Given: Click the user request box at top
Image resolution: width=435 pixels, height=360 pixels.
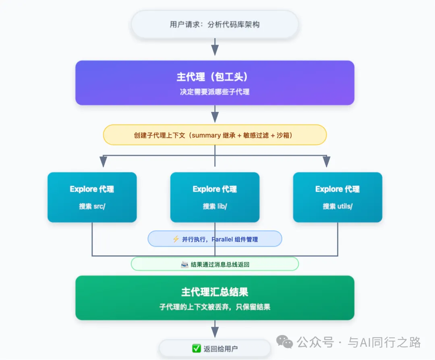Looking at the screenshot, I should pos(215,25).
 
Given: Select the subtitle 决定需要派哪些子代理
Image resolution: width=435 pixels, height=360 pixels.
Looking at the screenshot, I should pos(215,92).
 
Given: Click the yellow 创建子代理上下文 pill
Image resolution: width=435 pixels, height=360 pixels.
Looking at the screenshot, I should pos(215,135).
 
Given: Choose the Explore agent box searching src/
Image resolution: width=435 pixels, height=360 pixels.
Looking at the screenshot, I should pos(92,197).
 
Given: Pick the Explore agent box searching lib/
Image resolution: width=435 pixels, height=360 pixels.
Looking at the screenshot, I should pos(215,197).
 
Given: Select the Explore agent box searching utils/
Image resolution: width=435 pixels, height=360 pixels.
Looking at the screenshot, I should pos(338,197).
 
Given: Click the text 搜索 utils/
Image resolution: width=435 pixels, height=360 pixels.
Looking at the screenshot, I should pos(338,206).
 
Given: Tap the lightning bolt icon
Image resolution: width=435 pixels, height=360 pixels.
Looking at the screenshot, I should pos(176,239).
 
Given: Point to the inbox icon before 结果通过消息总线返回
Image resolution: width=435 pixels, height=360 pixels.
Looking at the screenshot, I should pos(184,264).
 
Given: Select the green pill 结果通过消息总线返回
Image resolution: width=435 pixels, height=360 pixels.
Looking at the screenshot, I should pos(215,264).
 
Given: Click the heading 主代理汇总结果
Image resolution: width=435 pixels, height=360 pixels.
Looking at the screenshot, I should pos(215,292).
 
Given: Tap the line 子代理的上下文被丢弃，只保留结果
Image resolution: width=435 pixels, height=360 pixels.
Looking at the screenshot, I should pos(215,307).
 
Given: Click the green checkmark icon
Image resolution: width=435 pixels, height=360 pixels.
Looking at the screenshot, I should pos(197,349).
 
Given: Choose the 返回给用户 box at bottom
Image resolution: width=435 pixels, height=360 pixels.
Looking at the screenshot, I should pos(215,349).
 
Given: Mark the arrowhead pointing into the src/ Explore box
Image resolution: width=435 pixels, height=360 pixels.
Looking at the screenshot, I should pos(103,162).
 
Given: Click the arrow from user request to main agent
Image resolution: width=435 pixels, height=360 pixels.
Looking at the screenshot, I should pos(215,48).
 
